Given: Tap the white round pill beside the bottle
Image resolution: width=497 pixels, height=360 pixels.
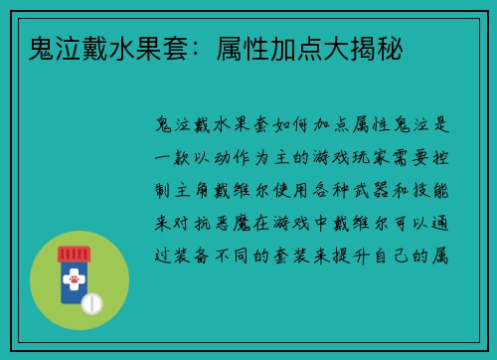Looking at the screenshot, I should click(90, 301).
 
